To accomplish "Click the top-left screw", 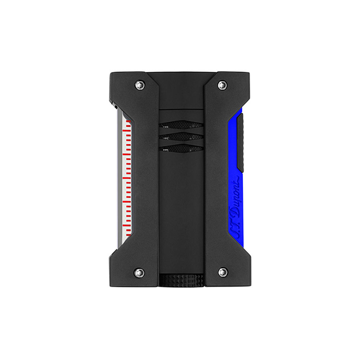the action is pos(140,85).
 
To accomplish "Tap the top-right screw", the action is pos(222,85).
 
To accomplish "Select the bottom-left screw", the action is pos(140,272).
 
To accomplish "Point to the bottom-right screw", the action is pos(222,272).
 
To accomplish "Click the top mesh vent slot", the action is pos(181,125).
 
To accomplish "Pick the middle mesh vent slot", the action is pos(181,136).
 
